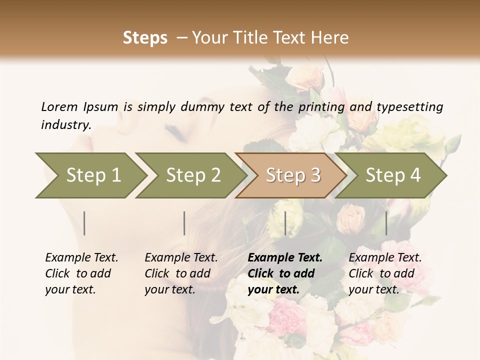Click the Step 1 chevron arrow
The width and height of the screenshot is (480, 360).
[x=90, y=175]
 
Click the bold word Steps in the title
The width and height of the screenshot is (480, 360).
[x=145, y=38]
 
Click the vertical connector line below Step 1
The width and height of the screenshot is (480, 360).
[x=84, y=223]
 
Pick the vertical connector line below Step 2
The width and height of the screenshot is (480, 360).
[x=184, y=223]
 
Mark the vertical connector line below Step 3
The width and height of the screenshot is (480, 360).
[x=285, y=223]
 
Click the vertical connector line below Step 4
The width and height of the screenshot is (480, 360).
[x=386, y=223]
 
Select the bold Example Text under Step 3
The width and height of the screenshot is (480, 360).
[x=285, y=258]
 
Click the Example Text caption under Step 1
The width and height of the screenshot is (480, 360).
[x=81, y=258]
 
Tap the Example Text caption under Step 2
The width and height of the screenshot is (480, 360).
[x=181, y=258]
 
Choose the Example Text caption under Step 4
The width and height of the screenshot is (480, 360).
[x=385, y=258]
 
